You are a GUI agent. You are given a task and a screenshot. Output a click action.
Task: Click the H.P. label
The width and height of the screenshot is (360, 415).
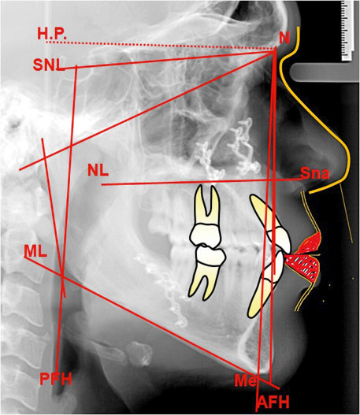52,34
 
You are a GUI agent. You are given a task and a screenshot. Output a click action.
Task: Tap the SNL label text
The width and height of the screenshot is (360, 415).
49,65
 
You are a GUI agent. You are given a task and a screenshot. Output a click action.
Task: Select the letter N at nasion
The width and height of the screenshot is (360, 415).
284,39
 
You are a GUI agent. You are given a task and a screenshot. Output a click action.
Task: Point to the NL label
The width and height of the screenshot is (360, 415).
98,170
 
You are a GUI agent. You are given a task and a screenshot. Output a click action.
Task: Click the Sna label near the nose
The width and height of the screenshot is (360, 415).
315,174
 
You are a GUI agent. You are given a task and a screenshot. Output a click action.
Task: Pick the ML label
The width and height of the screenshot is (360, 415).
35,251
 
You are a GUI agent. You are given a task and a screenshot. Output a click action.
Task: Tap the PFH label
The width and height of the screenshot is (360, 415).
56,379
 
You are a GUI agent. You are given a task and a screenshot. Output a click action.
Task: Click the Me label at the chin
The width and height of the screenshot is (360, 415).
245,380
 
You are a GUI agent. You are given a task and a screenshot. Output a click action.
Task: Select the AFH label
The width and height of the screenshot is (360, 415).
273,402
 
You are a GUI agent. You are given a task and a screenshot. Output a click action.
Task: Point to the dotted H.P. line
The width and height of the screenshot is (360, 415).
161,45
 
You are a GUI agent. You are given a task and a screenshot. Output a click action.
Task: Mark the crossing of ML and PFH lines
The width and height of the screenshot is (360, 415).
61,276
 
